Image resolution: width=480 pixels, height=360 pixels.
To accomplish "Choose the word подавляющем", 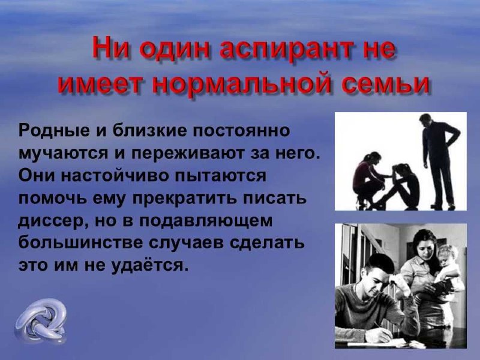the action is (x=206, y=221).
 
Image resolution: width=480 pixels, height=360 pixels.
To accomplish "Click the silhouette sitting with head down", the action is (x=398, y=187).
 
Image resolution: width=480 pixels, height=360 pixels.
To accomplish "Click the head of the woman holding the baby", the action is (x=424, y=244).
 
